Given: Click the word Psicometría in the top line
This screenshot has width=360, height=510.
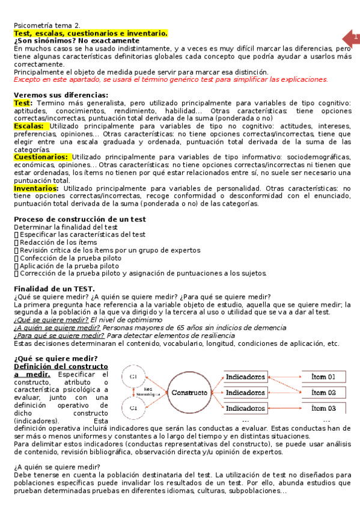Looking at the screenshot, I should (x=34, y=25).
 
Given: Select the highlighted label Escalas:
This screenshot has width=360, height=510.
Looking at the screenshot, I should (x=28, y=126).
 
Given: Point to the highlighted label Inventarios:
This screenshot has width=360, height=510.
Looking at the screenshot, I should (x=35, y=188).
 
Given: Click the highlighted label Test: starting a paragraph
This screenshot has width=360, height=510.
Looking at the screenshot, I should (x=23, y=103).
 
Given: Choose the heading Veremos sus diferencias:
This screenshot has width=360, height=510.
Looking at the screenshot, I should (x=61, y=95).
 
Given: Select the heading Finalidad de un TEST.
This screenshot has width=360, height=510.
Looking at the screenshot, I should (x=54, y=289).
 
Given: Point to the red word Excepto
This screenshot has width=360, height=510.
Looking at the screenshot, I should (x=28, y=79).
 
